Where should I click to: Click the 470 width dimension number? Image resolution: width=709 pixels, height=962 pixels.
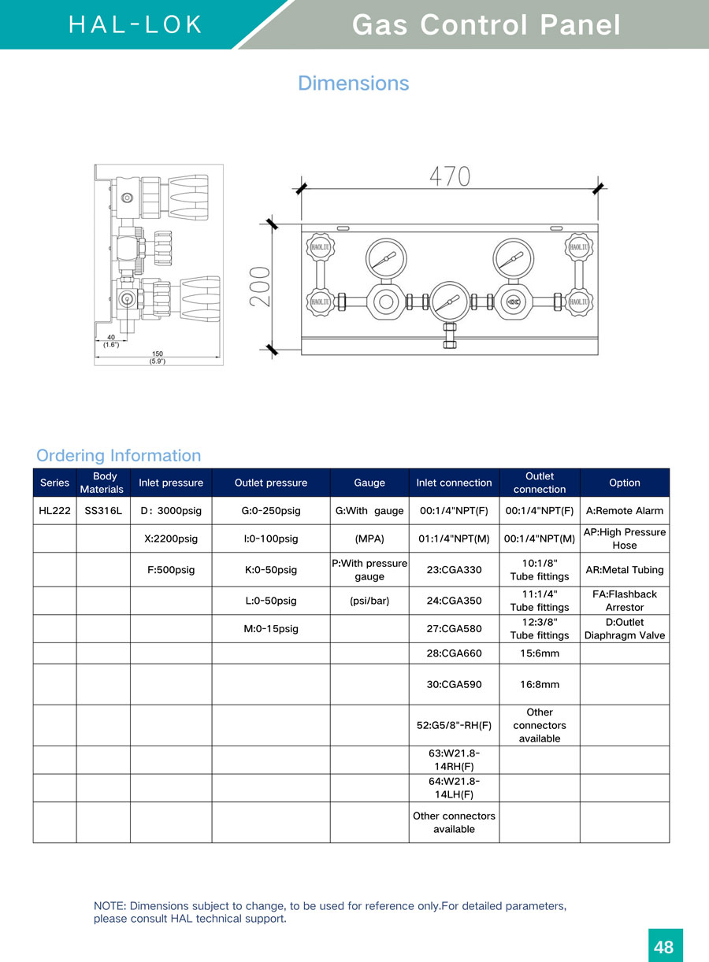[450, 176]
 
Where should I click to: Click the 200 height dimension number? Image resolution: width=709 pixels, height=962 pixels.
[262, 286]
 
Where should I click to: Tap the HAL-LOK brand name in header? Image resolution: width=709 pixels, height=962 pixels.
[135, 25]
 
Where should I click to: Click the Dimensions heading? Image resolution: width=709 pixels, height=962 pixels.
[354, 83]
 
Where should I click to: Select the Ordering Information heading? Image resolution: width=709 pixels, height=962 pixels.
[118, 455]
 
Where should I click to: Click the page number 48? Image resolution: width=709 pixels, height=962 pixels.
[664, 946]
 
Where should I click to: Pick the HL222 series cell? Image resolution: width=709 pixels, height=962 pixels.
[54, 511]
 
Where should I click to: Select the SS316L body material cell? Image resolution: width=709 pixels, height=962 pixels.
[103, 511]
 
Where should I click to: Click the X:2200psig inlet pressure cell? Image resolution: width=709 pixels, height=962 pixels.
[171, 539]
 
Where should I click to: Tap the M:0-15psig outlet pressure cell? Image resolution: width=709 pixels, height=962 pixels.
[271, 629]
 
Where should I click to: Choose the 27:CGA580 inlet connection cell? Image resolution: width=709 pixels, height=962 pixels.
[454, 629]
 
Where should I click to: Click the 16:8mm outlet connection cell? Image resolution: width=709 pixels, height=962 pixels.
[540, 685]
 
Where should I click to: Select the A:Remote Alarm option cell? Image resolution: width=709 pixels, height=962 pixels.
[625, 511]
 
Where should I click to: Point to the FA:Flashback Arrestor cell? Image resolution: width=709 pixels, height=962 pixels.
[625, 601]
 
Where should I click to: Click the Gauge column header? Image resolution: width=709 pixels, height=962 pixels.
[369, 483]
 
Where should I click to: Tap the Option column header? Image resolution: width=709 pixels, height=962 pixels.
[625, 483]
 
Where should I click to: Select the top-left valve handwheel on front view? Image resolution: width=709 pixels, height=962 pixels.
[320, 246]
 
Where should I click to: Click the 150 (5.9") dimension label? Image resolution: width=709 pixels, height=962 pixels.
[158, 357]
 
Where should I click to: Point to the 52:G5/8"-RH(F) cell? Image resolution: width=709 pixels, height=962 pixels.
[454, 725]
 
